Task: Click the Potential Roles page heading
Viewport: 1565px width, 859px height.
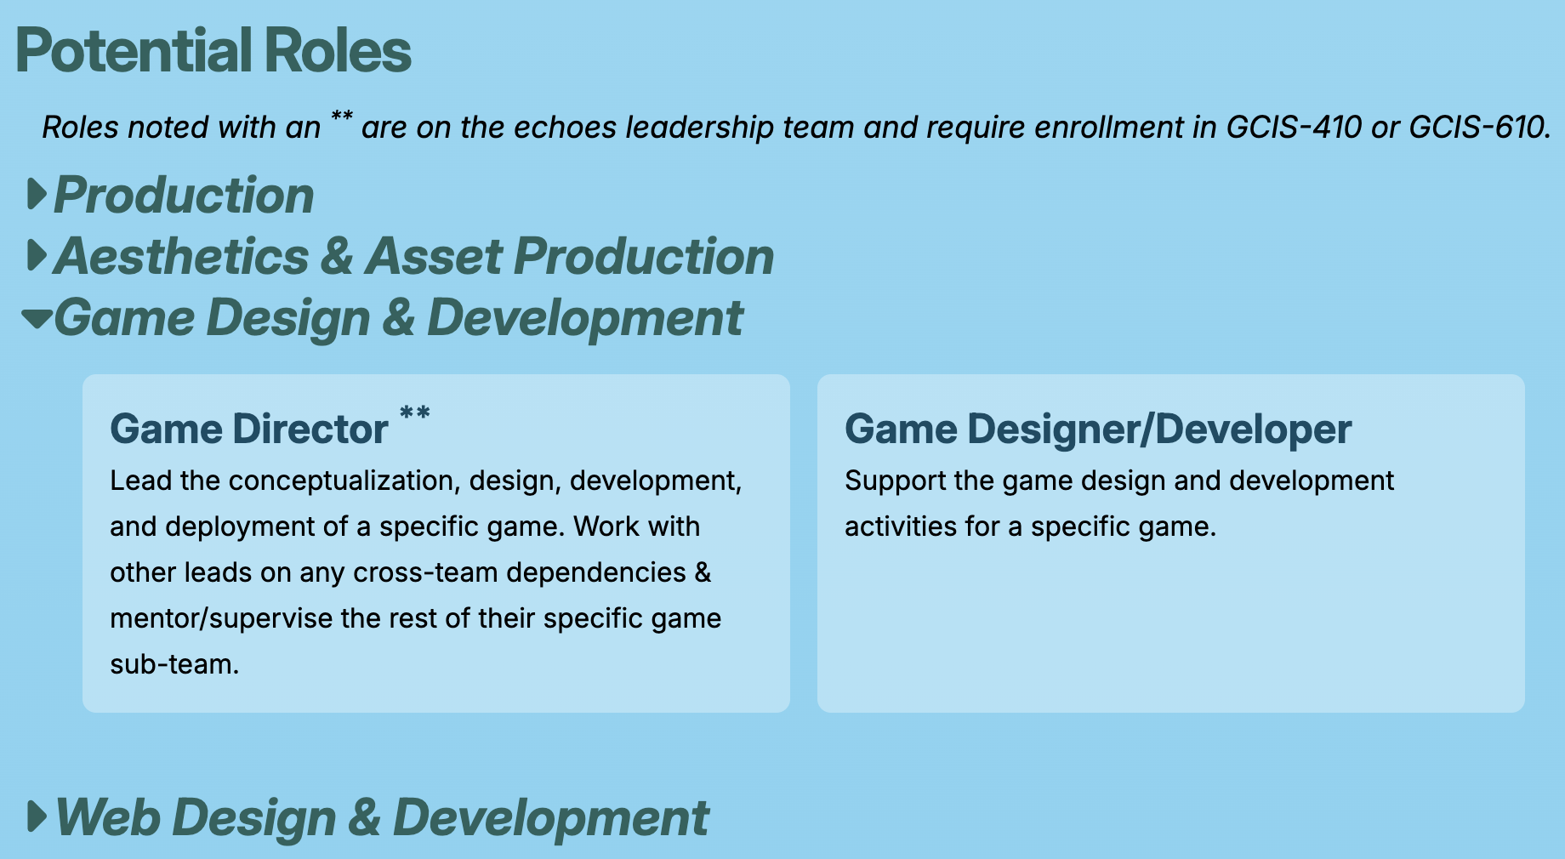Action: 213,51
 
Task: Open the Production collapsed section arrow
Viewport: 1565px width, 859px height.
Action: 37,194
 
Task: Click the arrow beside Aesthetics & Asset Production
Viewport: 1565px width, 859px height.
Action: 37,255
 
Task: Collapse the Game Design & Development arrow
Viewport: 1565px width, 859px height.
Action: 37,319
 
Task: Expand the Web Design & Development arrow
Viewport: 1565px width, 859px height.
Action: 37,816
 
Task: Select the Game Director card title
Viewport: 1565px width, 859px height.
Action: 249,429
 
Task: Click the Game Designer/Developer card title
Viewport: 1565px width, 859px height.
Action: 1097,429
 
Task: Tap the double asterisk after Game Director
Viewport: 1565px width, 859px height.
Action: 415,414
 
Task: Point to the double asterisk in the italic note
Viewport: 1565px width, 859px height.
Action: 342,117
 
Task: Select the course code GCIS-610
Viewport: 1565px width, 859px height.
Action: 1478,128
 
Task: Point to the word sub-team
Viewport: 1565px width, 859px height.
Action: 174,665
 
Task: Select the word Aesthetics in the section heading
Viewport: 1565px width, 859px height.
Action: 181,257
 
